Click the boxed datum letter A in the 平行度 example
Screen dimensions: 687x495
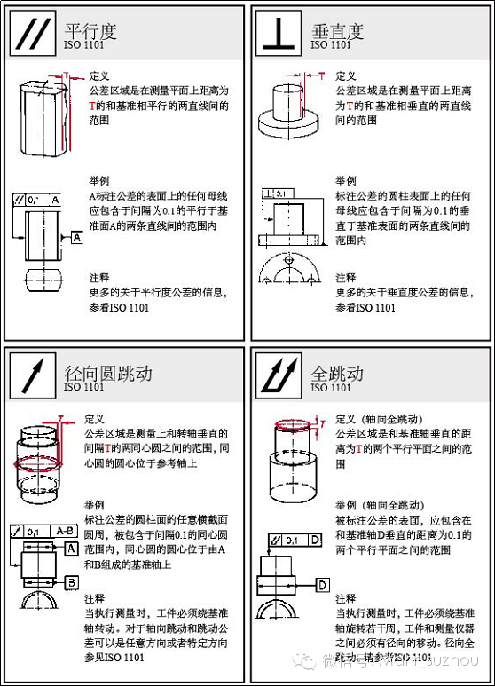click(77, 238)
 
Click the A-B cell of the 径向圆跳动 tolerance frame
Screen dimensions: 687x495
click(64, 531)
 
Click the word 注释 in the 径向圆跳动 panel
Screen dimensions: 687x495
click(95, 597)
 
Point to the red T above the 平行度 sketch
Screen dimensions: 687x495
click(66, 76)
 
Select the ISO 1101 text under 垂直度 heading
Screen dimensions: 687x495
click(331, 44)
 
